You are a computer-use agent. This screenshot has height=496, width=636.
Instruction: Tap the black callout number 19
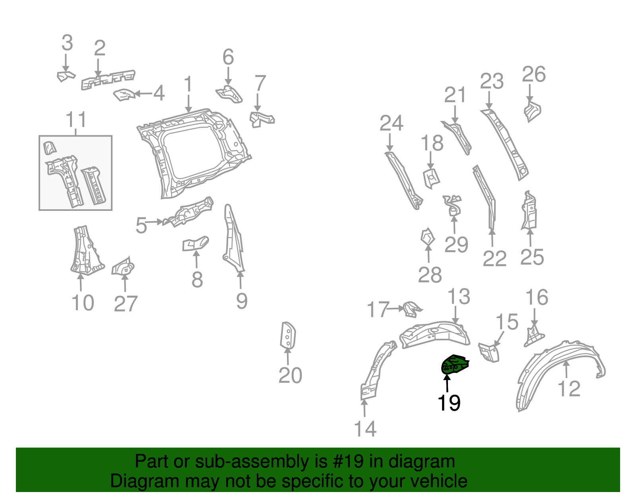(x=449, y=403)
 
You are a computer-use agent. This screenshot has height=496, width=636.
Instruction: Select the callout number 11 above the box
(x=76, y=119)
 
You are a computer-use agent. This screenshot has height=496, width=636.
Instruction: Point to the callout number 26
(x=534, y=74)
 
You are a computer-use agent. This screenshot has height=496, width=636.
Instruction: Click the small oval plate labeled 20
(x=288, y=335)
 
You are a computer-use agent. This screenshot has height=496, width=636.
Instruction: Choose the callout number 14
(x=365, y=429)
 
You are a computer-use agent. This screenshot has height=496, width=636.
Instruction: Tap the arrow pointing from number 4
(x=143, y=94)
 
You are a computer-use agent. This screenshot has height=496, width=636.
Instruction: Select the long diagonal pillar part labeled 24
(x=404, y=181)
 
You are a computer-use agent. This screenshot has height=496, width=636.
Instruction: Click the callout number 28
(x=430, y=275)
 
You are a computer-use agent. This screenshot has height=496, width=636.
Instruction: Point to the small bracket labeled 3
(x=66, y=76)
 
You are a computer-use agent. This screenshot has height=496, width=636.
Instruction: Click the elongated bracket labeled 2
(x=108, y=80)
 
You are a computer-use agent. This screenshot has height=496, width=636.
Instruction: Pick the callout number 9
(x=242, y=301)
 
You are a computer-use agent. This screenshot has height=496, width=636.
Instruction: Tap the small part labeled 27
(x=123, y=266)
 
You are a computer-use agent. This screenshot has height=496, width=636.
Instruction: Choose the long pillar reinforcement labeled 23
(x=505, y=145)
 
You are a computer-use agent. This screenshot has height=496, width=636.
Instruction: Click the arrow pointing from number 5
(x=154, y=222)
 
